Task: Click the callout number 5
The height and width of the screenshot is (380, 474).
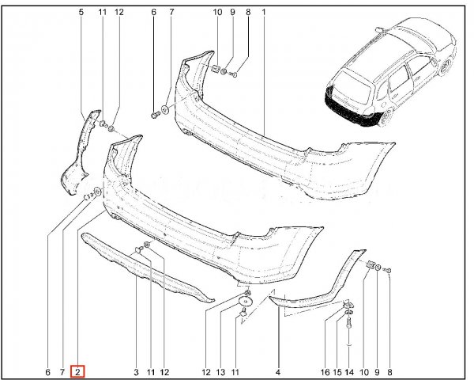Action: point(81,12)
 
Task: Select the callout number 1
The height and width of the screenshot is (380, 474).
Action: point(264,12)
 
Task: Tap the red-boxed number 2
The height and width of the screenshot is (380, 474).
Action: point(77,372)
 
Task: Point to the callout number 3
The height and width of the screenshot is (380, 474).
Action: point(136,372)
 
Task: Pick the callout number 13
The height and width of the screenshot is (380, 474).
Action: point(221,372)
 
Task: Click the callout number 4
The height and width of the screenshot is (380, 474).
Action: point(278,372)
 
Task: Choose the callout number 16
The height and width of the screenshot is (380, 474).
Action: point(325,372)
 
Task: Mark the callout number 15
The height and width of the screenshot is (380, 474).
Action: point(337,372)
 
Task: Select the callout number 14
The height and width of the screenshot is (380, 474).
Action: point(349,372)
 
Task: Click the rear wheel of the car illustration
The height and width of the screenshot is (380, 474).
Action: point(386,118)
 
